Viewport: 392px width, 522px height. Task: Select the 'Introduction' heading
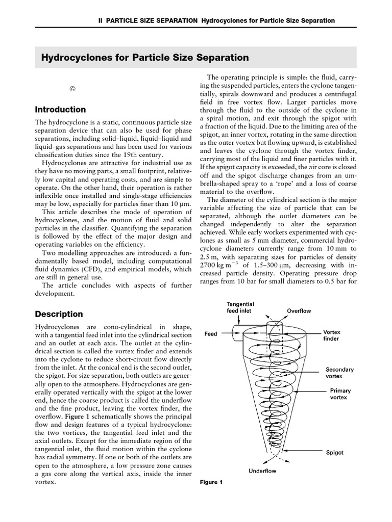pos(60,110)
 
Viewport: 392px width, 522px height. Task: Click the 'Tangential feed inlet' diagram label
pos(240,307)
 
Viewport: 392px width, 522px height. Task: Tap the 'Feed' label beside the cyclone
pos(211,334)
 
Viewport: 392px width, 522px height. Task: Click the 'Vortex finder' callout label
pos(331,335)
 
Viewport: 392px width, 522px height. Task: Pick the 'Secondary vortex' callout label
pos(339,373)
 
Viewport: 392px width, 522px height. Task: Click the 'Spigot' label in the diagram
pos(335,452)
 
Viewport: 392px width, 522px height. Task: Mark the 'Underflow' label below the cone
pos(262,471)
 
